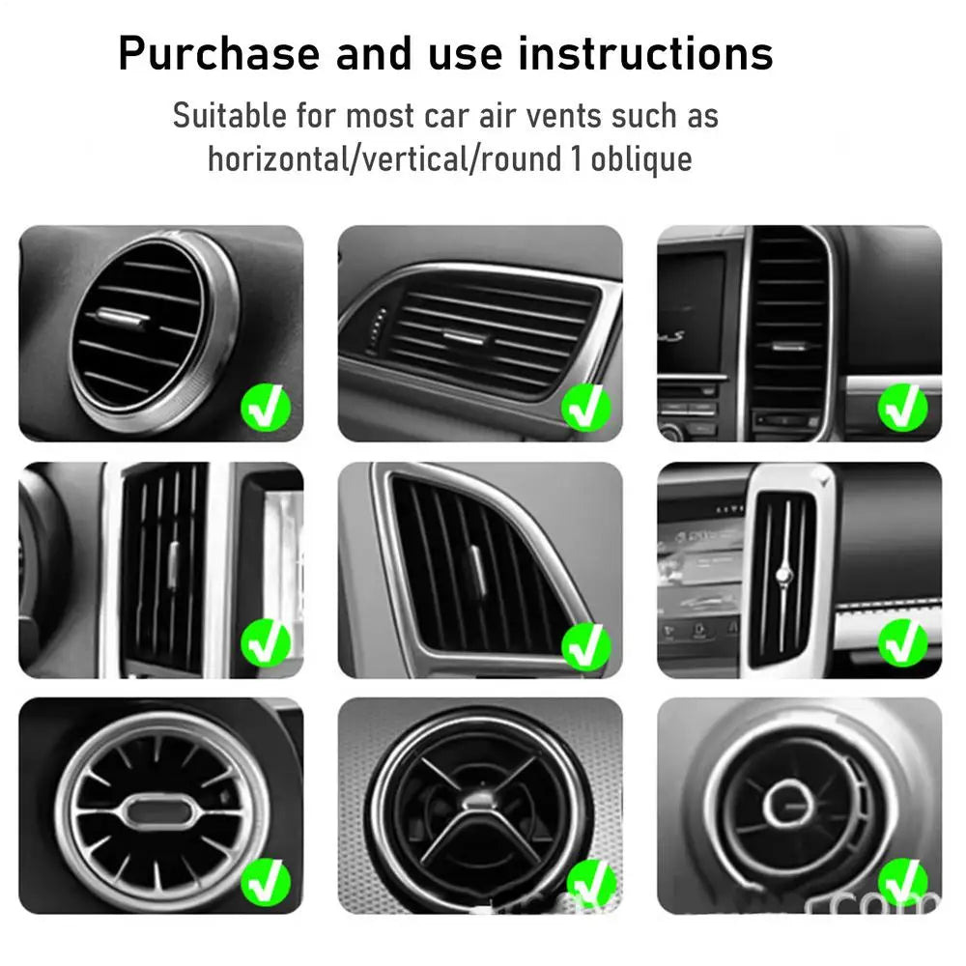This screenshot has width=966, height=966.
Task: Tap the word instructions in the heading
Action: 645,54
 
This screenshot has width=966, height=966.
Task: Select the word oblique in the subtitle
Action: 641,157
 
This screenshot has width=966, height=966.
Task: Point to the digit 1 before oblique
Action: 576,157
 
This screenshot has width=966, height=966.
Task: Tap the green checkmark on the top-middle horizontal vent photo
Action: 585,408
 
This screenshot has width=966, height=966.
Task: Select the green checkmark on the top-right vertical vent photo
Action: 902,408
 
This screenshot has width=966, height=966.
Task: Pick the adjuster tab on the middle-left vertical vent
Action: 174,561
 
